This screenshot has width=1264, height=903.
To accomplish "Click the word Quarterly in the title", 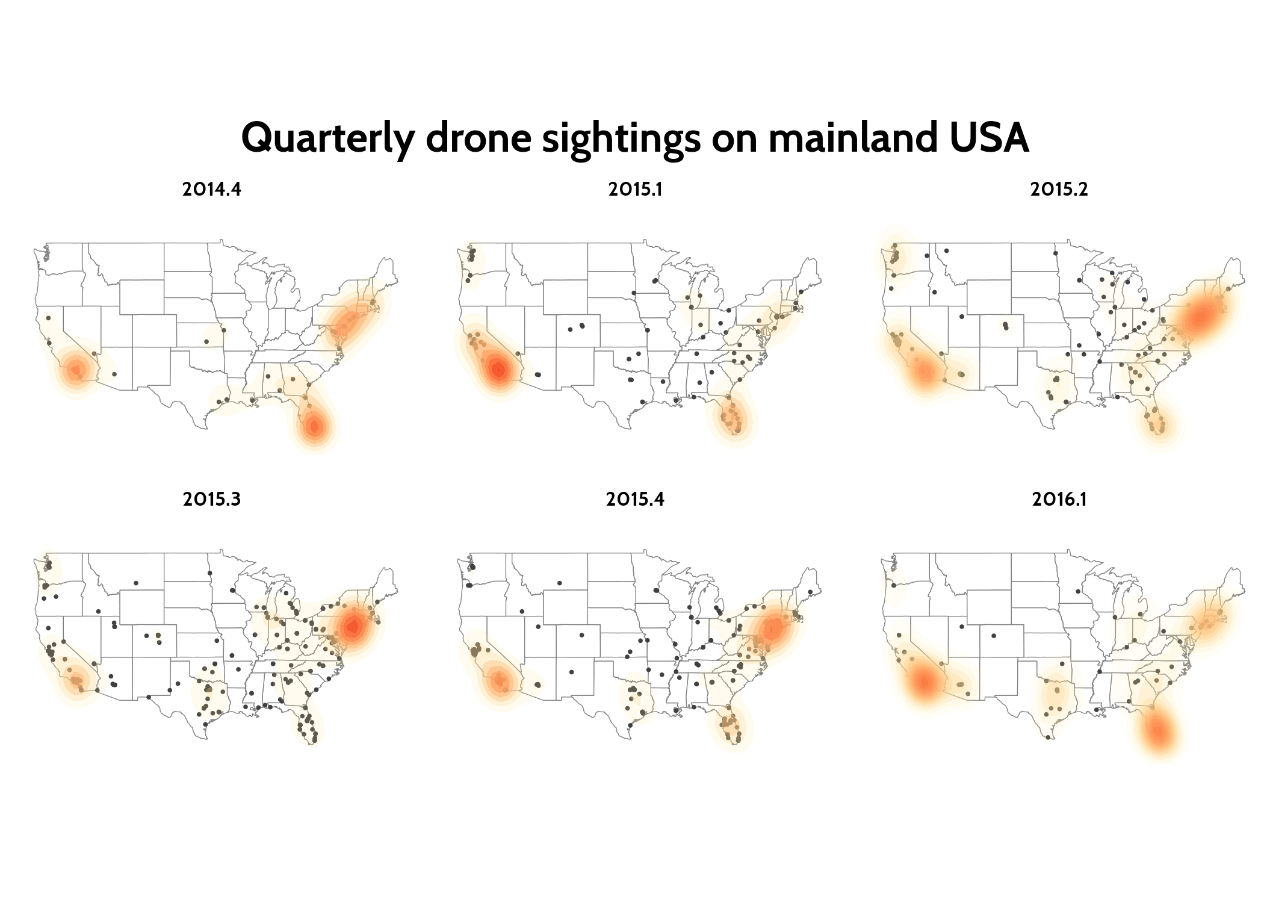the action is click(327, 138).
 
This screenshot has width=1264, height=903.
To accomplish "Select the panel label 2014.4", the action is click(212, 190).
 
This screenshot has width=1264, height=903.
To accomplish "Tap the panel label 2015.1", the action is click(635, 190).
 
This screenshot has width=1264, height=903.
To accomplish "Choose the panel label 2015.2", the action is click(1059, 190).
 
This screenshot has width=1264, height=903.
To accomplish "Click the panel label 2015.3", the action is click(212, 499).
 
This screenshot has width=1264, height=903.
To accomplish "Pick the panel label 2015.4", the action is click(635, 499).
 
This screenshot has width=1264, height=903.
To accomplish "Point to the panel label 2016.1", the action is click(1059, 499).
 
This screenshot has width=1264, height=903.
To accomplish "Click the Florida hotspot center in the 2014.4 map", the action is click(314, 426).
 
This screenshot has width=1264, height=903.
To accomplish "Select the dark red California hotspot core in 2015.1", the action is click(498, 370).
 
